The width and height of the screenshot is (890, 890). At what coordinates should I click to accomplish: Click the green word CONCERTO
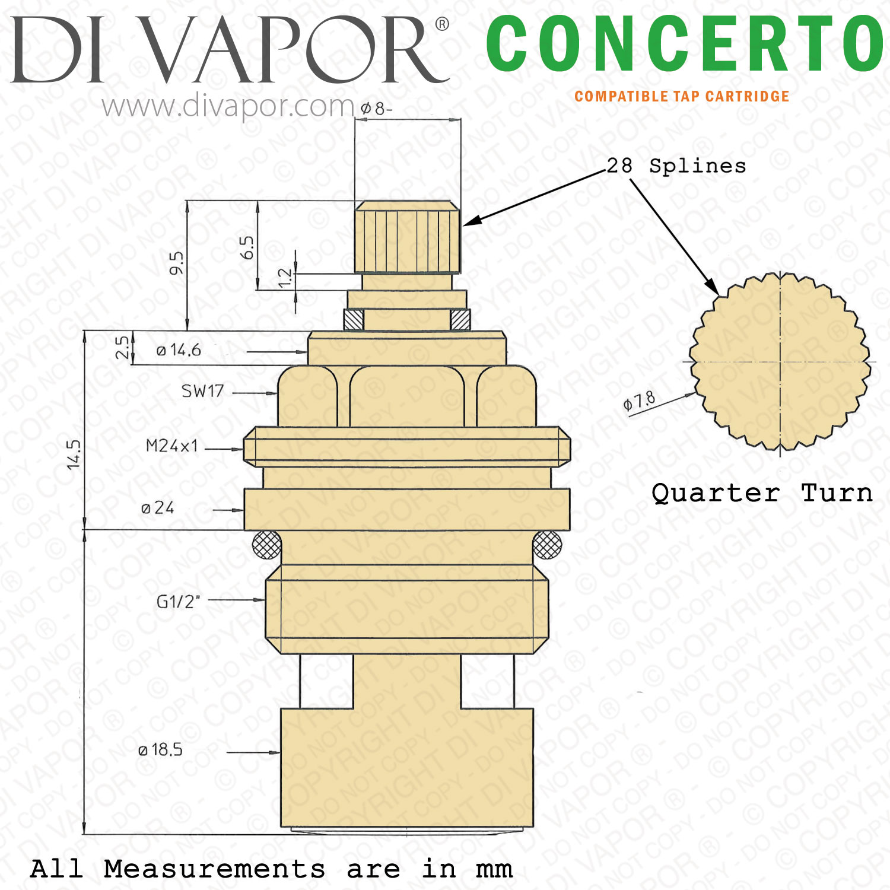(685, 43)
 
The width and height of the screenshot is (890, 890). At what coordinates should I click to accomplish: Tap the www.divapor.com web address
(228, 107)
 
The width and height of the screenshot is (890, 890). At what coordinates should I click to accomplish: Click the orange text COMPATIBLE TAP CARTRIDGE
(682, 97)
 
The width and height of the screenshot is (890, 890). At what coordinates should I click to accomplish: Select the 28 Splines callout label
(676, 166)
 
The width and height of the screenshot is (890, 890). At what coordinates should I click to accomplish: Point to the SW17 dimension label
(202, 391)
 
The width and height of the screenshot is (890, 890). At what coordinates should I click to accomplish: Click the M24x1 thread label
(172, 446)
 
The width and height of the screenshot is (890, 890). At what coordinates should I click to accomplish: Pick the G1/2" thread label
(179, 602)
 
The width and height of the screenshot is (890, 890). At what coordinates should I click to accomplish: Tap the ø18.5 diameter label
(160, 750)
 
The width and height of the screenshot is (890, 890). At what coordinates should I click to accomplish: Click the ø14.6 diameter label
(179, 350)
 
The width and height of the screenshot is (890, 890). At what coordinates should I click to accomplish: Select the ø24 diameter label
(158, 508)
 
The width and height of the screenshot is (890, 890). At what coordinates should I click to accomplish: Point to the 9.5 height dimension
(176, 263)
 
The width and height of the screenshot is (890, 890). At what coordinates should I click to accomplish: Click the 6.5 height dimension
(247, 247)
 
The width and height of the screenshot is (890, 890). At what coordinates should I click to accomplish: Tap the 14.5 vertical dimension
(74, 454)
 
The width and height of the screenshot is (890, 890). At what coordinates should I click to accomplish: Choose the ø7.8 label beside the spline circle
(639, 401)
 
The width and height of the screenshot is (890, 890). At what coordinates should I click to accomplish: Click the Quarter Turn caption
(762, 493)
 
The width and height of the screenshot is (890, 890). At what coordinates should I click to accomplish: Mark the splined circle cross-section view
(780, 361)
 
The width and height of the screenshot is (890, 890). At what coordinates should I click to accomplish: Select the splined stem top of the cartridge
(407, 237)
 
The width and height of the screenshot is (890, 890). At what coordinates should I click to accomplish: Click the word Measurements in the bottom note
(214, 869)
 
